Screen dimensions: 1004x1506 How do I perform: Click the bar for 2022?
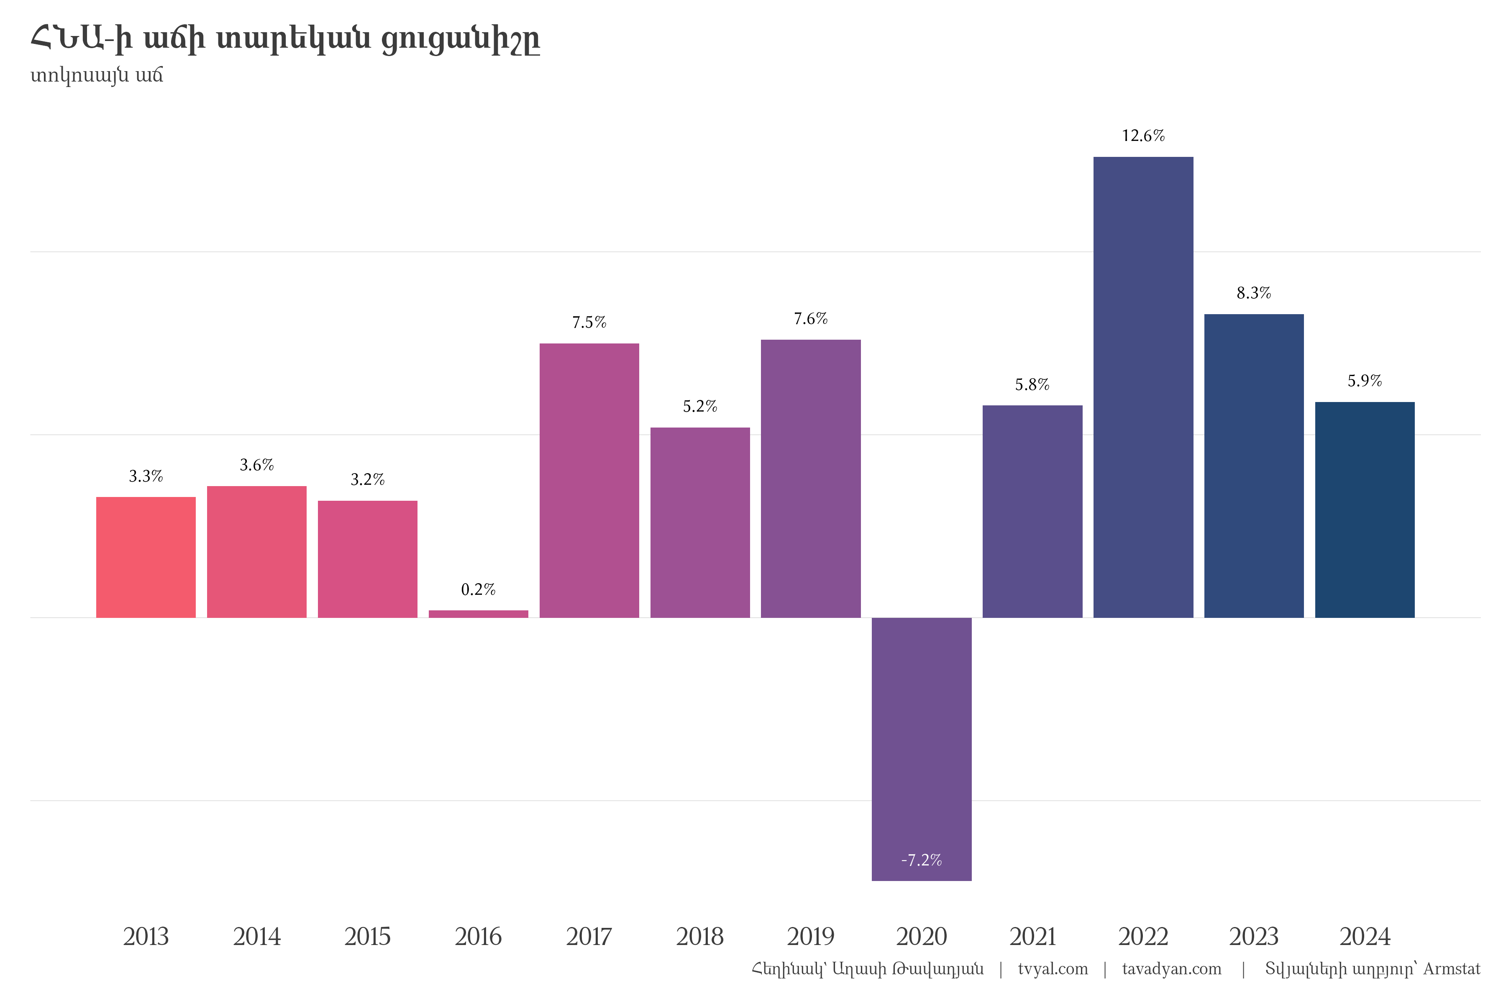tap(1143, 387)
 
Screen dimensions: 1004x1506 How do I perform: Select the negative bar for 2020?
tap(922, 749)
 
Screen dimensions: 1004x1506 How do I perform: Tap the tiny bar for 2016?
tap(478, 614)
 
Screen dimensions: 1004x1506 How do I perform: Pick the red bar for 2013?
tap(146, 557)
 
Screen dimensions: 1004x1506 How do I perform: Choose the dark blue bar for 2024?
tap(1365, 510)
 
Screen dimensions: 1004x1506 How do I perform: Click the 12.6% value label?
tap(1143, 136)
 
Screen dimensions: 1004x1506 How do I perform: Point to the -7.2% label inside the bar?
tap(922, 860)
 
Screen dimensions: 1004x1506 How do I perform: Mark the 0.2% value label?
tap(478, 589)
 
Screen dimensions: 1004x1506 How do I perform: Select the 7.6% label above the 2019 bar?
tap(811, 318)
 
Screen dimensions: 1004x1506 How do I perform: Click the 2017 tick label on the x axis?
tap(589, 937)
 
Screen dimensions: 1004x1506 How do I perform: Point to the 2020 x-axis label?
tap(922, 937)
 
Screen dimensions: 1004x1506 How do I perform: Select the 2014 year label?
tap(257, 937)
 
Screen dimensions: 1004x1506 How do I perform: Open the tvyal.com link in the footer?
tap(1053, 969)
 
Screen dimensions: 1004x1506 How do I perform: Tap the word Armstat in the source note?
tap(1452, 969)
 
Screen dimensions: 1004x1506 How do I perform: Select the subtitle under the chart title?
tap(97, 76)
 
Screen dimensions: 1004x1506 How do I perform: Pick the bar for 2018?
tap(700, 522)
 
